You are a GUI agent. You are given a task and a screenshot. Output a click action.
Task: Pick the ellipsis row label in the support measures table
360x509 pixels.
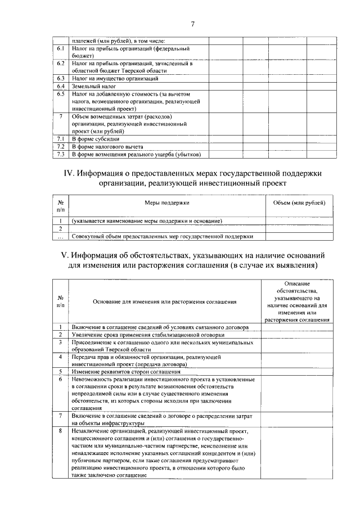(x=61, y=237)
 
